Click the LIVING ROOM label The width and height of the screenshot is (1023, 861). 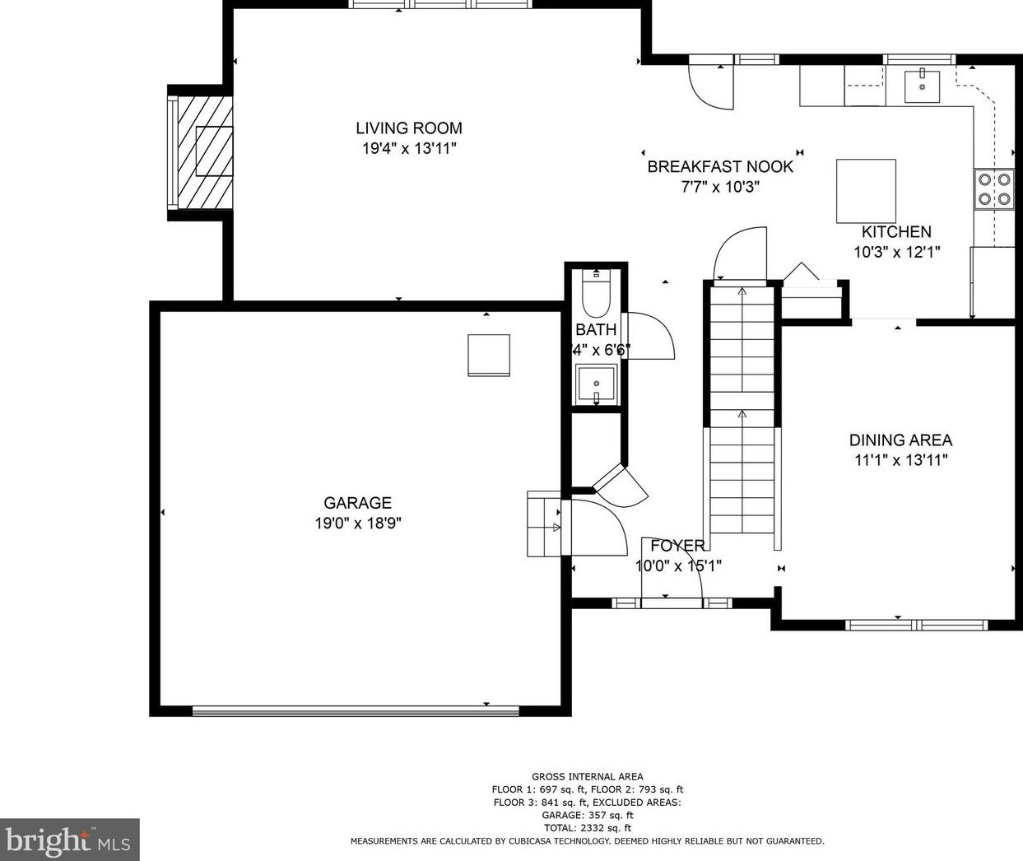408,128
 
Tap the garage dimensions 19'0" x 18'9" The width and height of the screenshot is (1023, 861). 357,524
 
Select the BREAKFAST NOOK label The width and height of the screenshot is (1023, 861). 720,166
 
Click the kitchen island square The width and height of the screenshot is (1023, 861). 866,191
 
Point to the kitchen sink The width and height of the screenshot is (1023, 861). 923,86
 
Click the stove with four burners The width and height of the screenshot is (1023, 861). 994,188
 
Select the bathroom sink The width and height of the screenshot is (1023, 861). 595,383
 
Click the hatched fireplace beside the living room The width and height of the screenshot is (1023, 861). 202,151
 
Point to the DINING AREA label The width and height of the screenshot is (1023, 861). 900,440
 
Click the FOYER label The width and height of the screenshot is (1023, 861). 677,545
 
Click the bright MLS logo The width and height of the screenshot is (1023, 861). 69,840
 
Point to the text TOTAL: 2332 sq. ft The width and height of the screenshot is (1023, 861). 587,828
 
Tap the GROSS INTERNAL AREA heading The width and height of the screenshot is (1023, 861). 587,776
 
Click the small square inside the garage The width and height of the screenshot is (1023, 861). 488,355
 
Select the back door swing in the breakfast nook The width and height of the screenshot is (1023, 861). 709,86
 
